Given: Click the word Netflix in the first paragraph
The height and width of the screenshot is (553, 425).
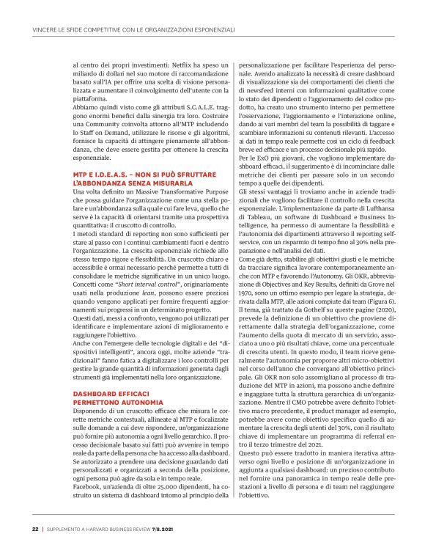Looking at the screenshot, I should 159,66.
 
